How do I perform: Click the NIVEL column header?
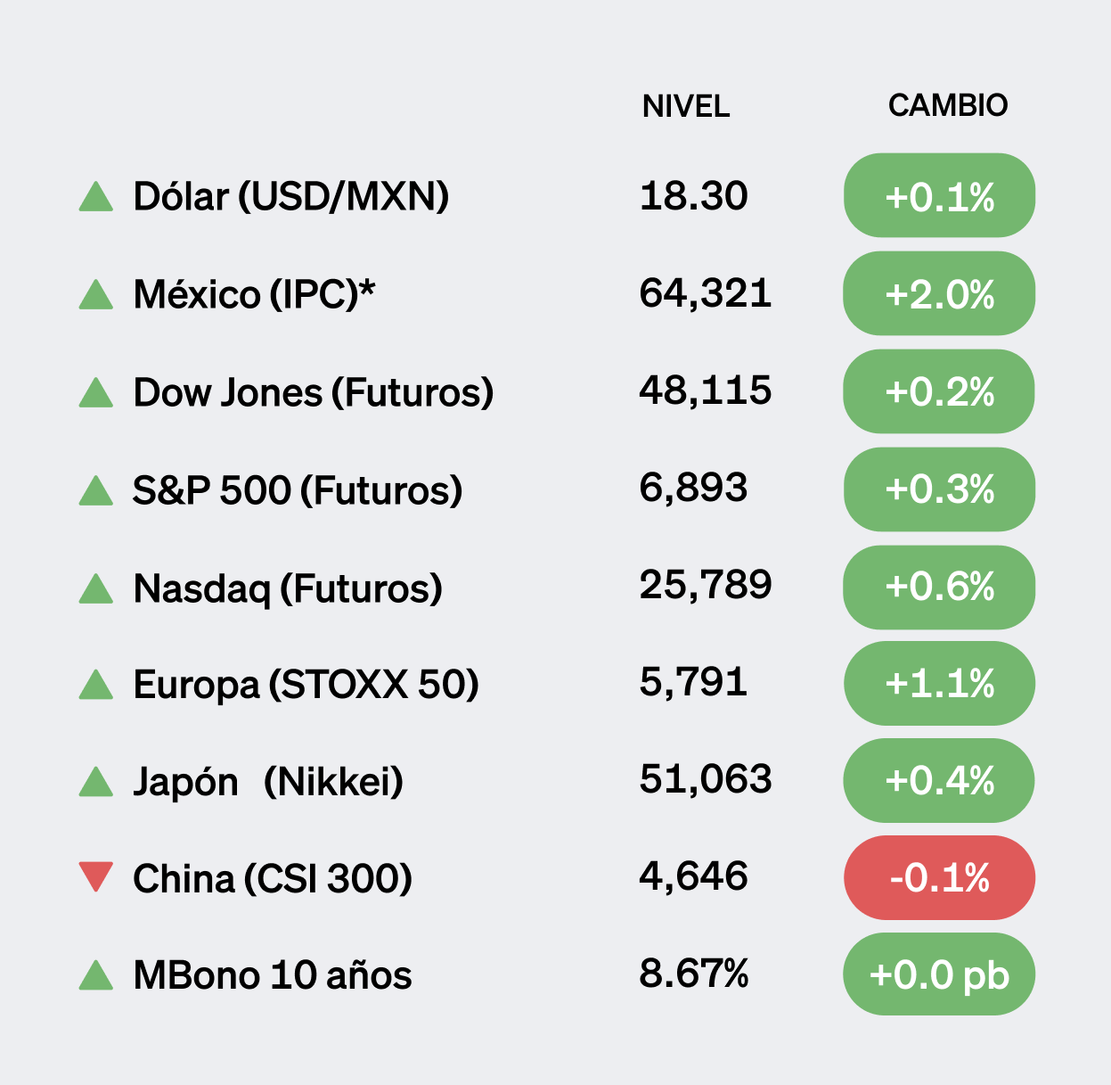(685, 106)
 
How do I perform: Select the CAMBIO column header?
(947, 105)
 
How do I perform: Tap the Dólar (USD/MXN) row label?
(290, 196)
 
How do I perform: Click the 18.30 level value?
(693, 195)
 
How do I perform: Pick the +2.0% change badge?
(939, 294)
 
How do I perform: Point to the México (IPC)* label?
(254, 294)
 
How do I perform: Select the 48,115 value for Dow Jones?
(705, 390)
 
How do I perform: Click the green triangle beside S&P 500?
(96, 490)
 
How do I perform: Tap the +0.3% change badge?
(939, 489)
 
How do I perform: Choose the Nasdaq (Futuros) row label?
(287, 588)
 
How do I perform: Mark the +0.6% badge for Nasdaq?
(939, 587)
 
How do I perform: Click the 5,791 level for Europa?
(693, 683)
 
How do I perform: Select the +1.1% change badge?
(939, 684)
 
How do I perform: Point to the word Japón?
(185, 782)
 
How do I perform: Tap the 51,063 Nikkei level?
(705, 779)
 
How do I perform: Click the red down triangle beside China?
(96, 875)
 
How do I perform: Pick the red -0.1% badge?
(939, 878)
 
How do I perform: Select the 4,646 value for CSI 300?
(693, 876)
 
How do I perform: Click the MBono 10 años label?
(272, 975)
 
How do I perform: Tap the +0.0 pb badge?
(939, 974)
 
